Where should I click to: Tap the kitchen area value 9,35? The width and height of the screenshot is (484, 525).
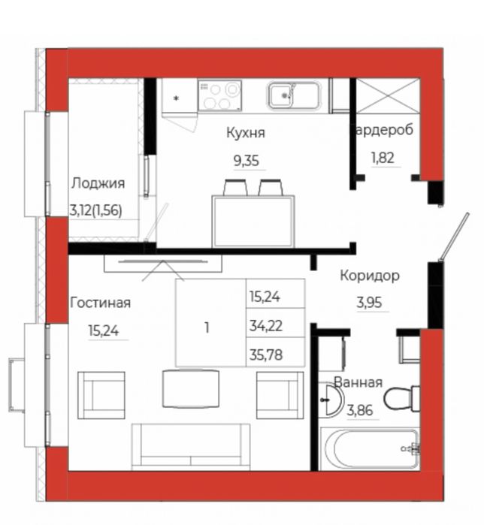[246, 159]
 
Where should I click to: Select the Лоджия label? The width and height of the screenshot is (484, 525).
[98, 183]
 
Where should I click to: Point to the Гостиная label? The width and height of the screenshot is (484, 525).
[100, 303]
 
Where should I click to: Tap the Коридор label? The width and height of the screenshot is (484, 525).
[370, 275]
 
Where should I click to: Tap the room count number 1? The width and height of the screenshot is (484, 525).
[207, 327]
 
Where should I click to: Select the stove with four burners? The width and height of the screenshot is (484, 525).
[219, 95]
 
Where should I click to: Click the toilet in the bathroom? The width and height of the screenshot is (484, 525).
[402, 397]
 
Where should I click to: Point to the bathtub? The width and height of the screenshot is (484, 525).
[368, 449]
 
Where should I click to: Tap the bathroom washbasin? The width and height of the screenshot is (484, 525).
[331, 400]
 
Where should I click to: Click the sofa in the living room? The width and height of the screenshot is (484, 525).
[191, 446]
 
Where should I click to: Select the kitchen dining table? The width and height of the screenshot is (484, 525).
[253, 221]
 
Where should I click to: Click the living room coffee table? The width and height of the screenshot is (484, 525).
[190, 388]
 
